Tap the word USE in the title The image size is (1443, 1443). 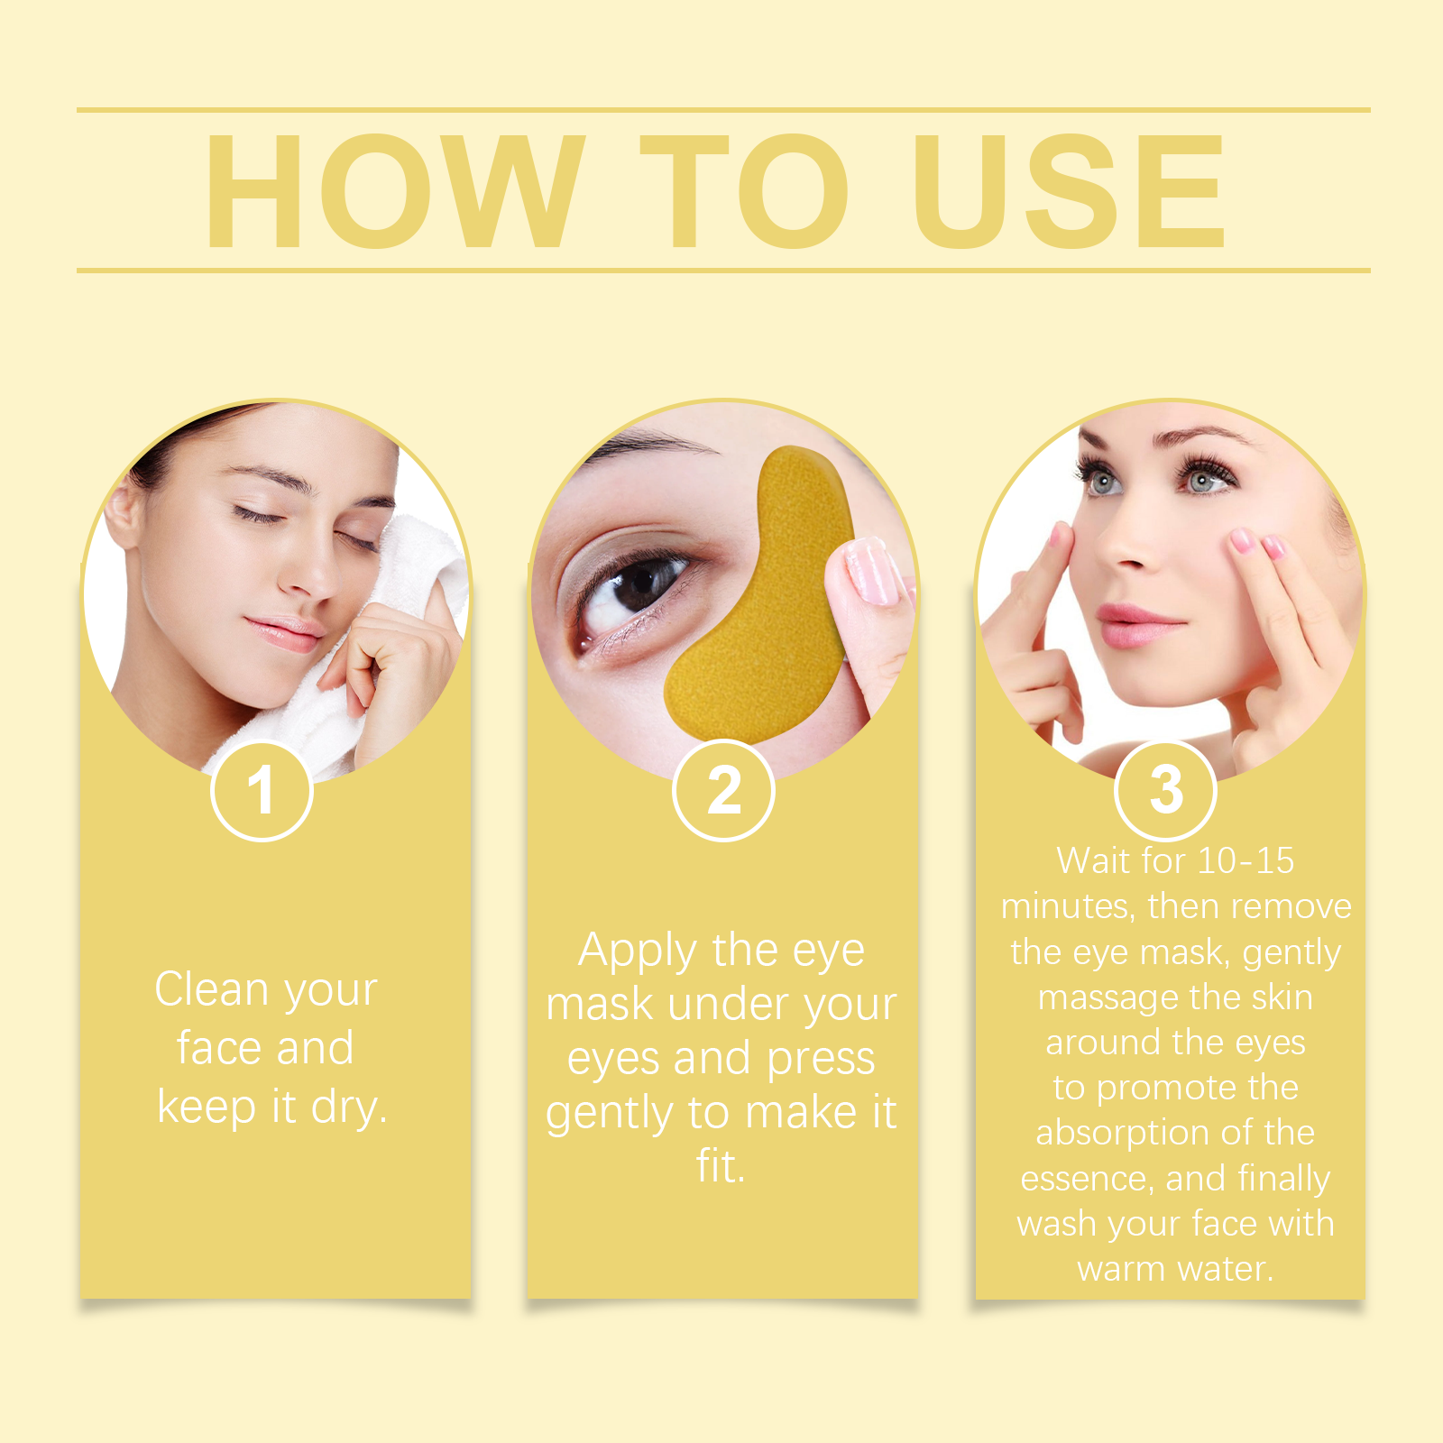coord(1070,190)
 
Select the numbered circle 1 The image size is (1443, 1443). coord(262,791)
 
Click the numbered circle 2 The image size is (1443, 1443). coord(723,791)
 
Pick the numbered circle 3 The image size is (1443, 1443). coord(1166,791)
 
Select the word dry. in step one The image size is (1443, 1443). coord(349,1108)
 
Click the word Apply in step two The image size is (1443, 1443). coord(638,951)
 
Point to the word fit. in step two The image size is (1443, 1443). coord(721,1166)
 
